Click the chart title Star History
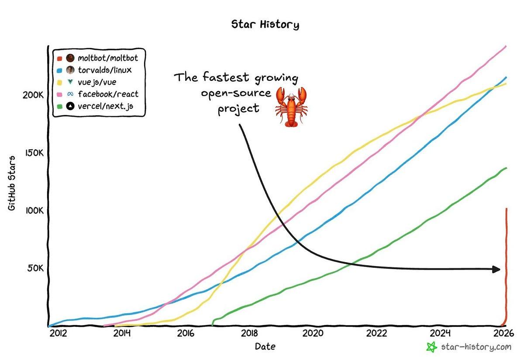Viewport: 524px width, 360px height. click(x=265, y=24)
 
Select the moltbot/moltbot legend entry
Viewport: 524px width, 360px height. click(x=107, y=58)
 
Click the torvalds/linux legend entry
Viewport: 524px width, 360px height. click(x=105, y=70)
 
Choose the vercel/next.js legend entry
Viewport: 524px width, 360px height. click(x=105, y=106)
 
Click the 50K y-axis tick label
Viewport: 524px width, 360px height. click(x=34, y=268)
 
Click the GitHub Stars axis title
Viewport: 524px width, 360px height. click(x=12, y=183)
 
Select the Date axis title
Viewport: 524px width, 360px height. click(x=265, y=347)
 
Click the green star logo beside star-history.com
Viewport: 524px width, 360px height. click(x=431, y=347)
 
